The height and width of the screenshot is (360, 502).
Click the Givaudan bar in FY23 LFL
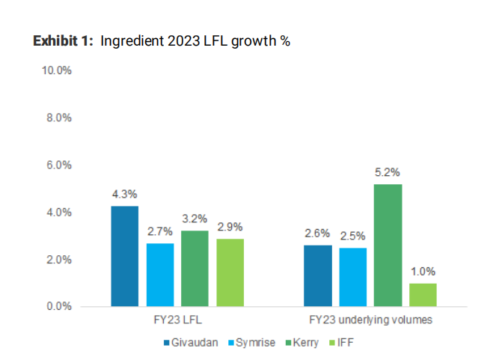(x=124, y=256)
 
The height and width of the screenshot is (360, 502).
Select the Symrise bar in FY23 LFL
(x=160, y=275)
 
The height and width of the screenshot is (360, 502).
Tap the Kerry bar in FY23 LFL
(x=195, y=269)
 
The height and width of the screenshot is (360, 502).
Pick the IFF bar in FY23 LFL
(x=230, y=272)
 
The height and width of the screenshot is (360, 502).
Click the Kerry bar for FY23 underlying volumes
(x=388, y=245)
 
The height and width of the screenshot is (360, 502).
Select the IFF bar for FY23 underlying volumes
(x=423, y=295)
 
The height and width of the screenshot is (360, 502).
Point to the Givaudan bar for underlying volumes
(x=318, y=275)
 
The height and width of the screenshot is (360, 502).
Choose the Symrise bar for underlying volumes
(x=353, y=277)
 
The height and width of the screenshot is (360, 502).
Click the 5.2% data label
(x=388, y=173)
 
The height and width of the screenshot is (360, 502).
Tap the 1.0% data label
(x=423, y=272)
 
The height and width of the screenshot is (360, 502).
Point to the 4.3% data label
(x=124, y=195)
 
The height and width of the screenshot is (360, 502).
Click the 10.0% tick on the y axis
(x=56, y=70)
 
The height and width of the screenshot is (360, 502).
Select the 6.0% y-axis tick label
(x=58, y=165)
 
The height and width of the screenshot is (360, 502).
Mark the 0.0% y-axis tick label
(x=58, y=306)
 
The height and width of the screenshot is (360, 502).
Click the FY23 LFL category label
(x=177, y=320)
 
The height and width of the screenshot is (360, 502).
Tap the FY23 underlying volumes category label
(x=370, y=320)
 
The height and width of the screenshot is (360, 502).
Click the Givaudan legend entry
(x=192, y=343)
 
